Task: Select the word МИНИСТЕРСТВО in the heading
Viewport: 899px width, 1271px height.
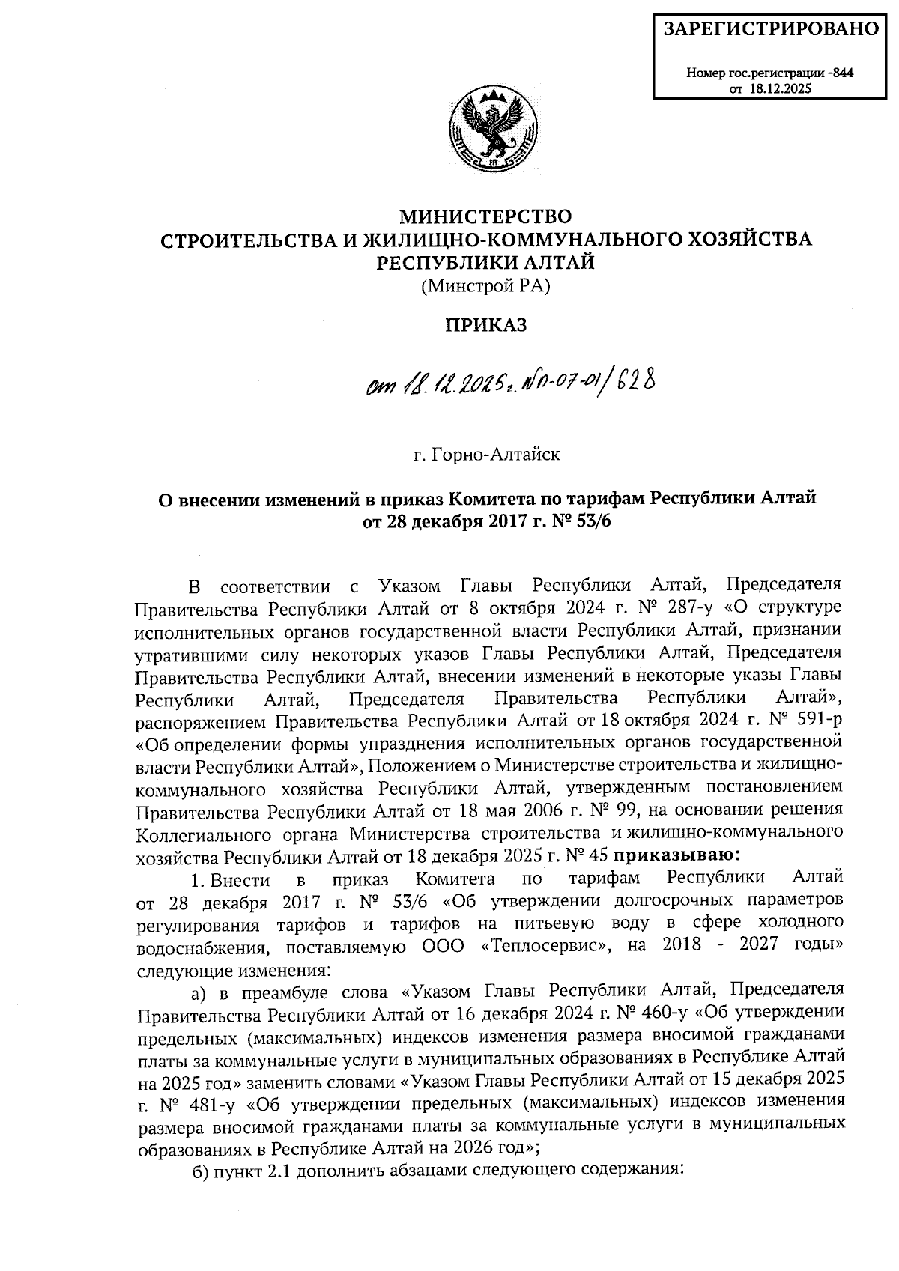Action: click(x=487, y=218)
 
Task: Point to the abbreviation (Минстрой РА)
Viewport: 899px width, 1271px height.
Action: click(x=487, y=285)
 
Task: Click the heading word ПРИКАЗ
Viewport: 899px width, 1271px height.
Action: click(x=487, y=325)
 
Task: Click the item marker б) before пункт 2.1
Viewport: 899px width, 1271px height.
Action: click(x=199, y=1171)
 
